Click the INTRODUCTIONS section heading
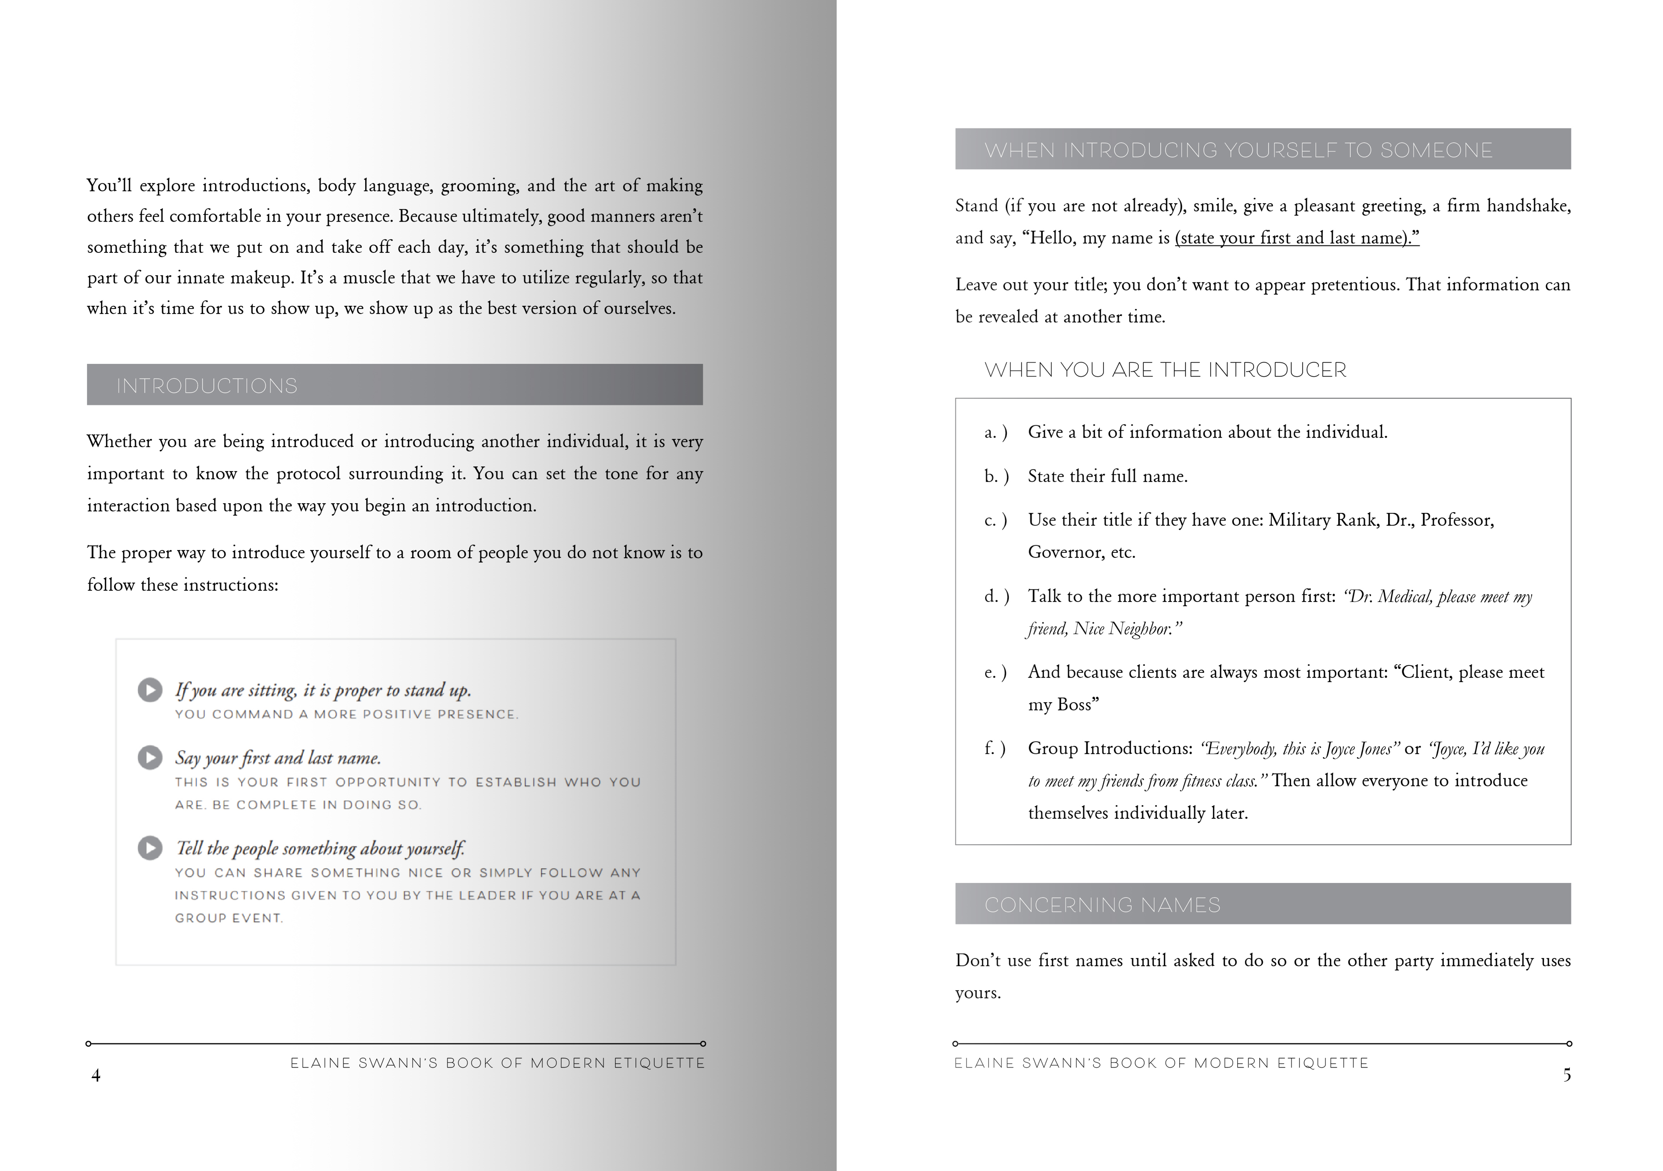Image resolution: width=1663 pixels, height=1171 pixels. pos(207,385)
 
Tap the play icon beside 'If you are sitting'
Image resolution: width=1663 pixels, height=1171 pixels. pos(150,690)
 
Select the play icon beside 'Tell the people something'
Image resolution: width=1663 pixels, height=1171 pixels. pos(150,848)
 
